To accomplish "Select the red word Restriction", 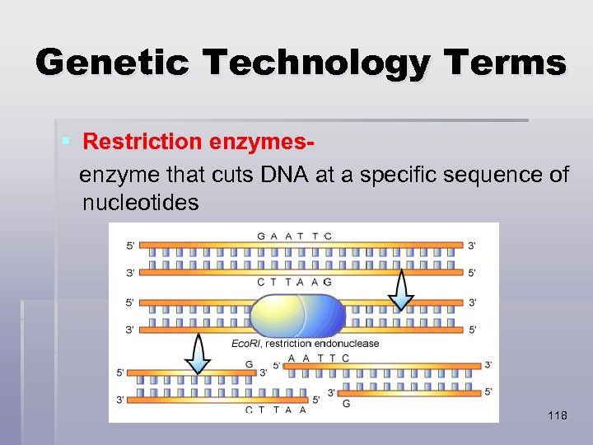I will pyautogui.click(x=142, y=142).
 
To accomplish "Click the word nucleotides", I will pyautogui.click(x=140, y=202).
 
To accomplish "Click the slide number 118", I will pyautogui.click(x=557, y=416).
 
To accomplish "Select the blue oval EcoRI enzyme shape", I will pyautogui.click(x=297, y=316).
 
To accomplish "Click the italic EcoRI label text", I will pyautogui.click(x=246, y=343).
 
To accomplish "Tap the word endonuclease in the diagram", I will pyautogui.click(x=346, y=343).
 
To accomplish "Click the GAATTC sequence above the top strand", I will pyautogui.click(x=294, y=236).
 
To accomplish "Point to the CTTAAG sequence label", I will pyautogui.click(x=294, y=282).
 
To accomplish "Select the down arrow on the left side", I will pyautogui.click(x=197, y=354).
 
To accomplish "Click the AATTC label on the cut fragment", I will pyautogui.click(x=318, y=358).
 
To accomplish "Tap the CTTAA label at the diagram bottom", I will pyautogui.click(x=276, y=410).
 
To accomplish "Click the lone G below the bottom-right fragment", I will pyautogui.click(x=346, y=404).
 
